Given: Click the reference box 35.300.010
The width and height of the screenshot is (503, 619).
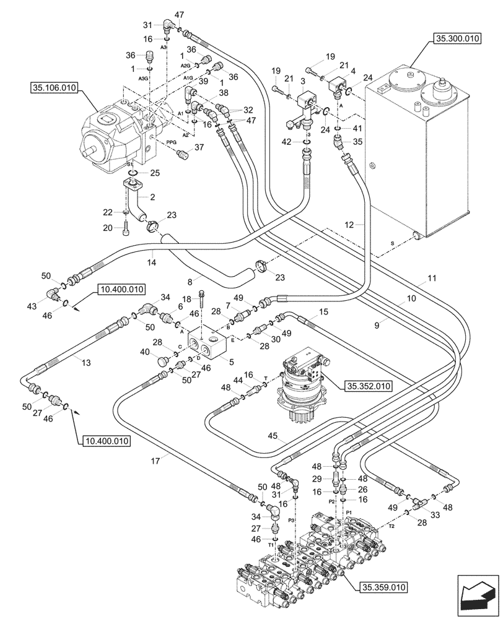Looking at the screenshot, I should click(457, 39).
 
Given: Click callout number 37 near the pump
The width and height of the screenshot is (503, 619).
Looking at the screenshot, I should click(199, 147).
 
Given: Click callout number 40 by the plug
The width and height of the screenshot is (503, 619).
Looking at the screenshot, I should click(145, 352).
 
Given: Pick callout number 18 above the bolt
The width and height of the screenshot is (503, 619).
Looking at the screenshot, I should click(187, 299).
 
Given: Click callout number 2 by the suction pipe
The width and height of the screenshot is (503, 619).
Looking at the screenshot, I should click(153, 196).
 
